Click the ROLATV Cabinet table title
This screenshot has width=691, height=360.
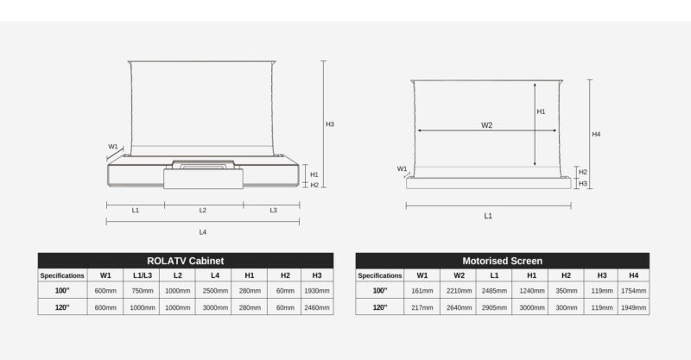coord(185,261)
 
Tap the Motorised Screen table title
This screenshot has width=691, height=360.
coord(502,261)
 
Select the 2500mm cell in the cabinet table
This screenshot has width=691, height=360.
coord(215,291)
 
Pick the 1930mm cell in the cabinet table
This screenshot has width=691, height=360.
coord(317,291)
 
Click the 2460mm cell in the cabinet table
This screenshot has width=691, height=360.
coord(317,307)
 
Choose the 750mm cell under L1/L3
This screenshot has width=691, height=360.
coord(143,291)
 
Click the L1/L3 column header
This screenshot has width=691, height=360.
coord(143,275)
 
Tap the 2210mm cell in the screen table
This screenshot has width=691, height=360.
coord(459,291)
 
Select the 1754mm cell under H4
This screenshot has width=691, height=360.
coord(633,291)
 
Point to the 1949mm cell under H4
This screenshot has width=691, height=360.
coord(633,307)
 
